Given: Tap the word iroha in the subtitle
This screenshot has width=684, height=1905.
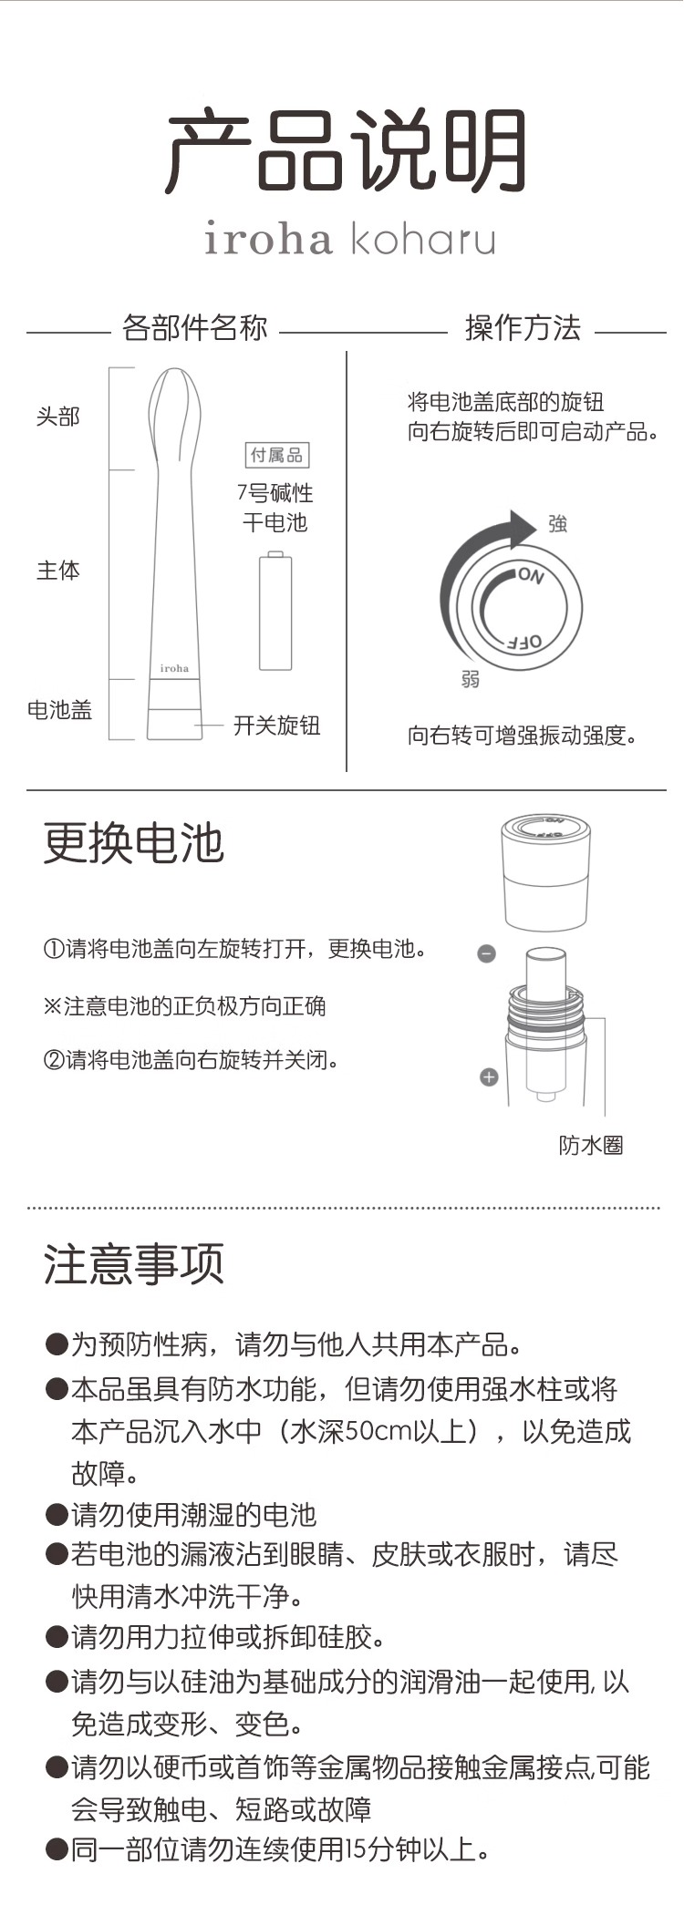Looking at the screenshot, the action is click(268, 238).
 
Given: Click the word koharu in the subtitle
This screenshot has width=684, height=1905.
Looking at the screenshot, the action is click(423, 238).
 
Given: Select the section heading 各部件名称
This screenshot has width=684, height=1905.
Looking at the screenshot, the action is click(195, 328).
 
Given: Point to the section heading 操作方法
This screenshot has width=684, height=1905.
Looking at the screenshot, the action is click(523, 328).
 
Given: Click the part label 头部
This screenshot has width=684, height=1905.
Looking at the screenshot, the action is click(58, 417).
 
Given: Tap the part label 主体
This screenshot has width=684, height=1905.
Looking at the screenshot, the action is click(58, 571).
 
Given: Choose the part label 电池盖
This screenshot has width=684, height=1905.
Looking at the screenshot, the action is click(60, 710).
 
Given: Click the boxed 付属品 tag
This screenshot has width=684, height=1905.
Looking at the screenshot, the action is click(277, 454).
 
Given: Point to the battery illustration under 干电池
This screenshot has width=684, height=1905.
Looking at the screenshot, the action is click(275, 611).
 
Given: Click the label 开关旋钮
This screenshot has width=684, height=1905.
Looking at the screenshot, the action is click(277, 726).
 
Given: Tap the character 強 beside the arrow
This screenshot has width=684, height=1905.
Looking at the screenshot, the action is click(557, 523).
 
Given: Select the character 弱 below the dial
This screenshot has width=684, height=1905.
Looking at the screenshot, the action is click(471, 679).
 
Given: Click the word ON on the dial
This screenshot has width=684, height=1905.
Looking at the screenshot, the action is click(531, 576).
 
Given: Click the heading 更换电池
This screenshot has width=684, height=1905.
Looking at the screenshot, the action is click(134, 842).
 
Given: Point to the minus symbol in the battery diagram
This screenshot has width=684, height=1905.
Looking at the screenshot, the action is click(487, 954).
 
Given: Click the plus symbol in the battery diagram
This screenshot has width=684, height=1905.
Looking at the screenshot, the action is click(489, 1077).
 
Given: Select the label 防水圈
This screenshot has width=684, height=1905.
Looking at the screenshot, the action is click(591, 1146).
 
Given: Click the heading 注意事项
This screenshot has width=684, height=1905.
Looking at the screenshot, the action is click(134, 1264).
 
